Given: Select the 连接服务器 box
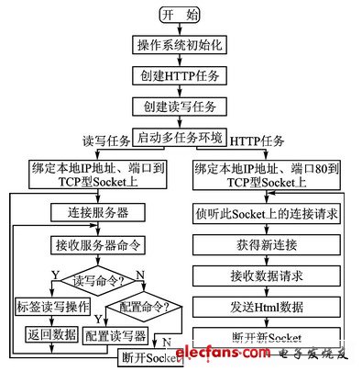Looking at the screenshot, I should pyautogui.click(x=92, y=212).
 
